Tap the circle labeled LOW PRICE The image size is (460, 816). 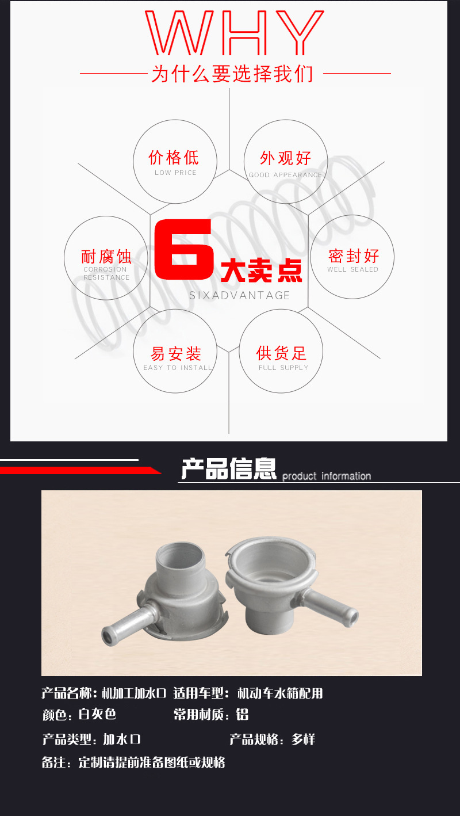pyautogui.click(x=175, y=162)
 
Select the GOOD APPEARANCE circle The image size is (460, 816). pyautogui.click(x=286, y=162)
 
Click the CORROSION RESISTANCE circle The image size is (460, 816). pyautogui.click(x=106, y=258)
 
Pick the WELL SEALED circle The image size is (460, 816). pyautogui.click(x=352, y=257)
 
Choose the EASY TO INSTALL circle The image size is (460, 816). pyautogui.click(x=175, y=352)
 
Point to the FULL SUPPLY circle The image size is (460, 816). pyautogui.click(x=281, y=352)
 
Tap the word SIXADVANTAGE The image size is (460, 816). pyautogui.click(x=239, y=295)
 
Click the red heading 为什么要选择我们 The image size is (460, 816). pyautogui.click(x=232, y=74)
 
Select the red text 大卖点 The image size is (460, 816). pyautogui.click(x=262, y=270)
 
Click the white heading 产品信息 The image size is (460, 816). pyautogui.click(x=229, y=469)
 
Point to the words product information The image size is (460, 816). pyautogui.click(x=327, y=476)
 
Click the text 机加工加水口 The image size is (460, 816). pyautogui.click(x=134, y=693)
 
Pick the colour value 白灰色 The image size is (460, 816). pyautogui.click(x=97, y=715)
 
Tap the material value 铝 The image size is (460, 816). pyautogui.click(x=243, y=715)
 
